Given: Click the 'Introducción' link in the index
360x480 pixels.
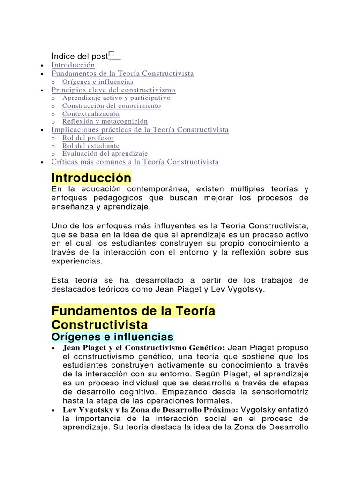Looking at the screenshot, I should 73,65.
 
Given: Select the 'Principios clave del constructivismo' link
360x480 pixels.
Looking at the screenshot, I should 113,90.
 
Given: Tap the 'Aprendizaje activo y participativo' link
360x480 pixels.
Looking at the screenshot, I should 116,98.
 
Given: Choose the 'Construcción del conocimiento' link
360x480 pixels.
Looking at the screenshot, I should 112,106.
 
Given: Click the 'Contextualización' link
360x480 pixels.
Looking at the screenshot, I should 91,114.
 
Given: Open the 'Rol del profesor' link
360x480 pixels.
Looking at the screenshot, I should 88,138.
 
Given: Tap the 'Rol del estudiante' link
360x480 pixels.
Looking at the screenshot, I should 91,146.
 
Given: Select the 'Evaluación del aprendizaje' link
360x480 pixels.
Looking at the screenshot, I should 105,154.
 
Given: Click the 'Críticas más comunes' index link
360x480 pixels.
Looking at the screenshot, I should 135,162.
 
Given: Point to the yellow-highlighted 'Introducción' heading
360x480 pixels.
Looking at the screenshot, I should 91,178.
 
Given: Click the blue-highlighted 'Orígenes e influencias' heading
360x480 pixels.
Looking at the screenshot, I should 112,337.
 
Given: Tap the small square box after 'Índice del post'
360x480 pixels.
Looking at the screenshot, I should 111,55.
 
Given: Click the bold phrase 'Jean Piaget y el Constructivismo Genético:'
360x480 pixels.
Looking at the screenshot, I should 144,348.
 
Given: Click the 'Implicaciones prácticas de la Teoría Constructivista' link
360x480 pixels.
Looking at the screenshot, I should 140,130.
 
